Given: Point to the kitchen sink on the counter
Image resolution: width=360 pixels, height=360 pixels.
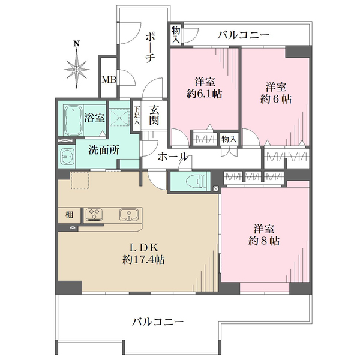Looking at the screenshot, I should tap(128, 214).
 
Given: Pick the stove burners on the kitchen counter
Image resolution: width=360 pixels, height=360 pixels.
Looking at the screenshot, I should tap(95, 214).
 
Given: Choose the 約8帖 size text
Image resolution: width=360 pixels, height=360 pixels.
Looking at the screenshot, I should tap(264, 242).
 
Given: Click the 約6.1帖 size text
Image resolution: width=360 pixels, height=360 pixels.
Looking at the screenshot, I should tap(205, 95).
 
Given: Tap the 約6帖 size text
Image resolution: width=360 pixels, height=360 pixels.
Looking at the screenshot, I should tap(276, 99).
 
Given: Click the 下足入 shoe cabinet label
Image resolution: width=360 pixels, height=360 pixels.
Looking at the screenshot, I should tap(137, 115).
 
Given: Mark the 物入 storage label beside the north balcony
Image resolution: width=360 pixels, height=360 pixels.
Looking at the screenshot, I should tap(176, 34).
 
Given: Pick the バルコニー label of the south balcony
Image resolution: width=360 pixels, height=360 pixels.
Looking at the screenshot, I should tap(157, 322).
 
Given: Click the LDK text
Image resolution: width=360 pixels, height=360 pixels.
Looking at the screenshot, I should tap(144, 247).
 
